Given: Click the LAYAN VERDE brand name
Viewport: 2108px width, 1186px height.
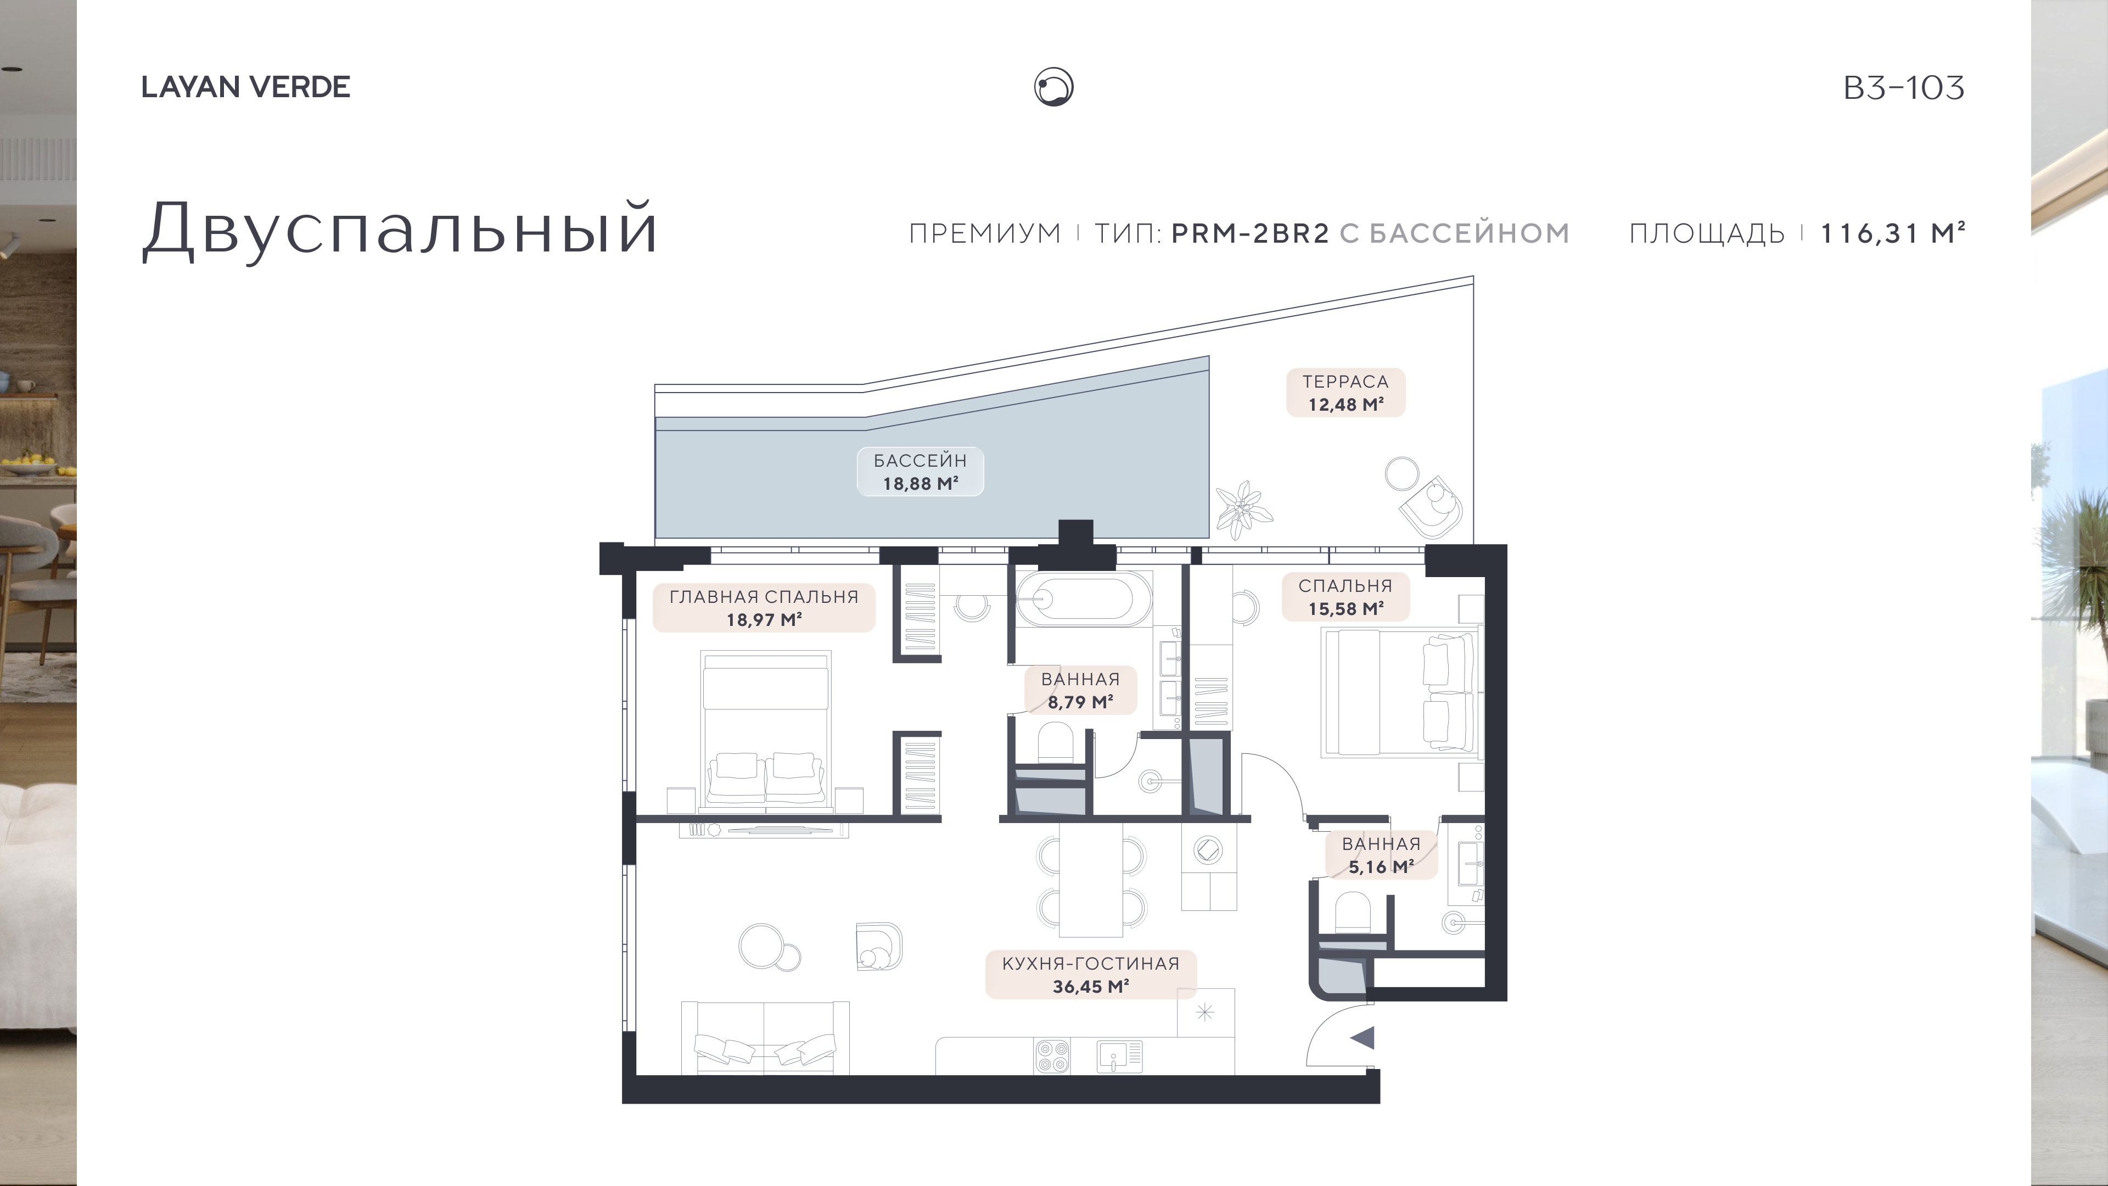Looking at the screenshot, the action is click(245, 87).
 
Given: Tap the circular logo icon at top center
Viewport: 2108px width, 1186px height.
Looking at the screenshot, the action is click(1053, 87).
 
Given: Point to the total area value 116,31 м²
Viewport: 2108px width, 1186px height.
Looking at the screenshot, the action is click(1892, 233).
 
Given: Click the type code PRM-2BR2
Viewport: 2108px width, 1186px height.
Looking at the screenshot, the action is click(1249, 233).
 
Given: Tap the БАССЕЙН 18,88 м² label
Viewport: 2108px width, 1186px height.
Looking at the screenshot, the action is click(920, 472).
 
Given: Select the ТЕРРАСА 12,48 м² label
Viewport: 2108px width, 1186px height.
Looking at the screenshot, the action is click(1345, 393).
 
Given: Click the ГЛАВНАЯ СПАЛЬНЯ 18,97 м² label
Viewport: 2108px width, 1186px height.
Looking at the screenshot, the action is click(764, 608).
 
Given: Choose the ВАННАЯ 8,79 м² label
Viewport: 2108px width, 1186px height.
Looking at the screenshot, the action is click(1080, 690).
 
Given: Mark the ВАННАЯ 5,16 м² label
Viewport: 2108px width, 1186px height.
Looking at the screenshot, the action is click(1381, 855).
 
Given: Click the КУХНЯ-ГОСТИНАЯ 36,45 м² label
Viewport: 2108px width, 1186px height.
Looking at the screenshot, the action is click(1091, 975).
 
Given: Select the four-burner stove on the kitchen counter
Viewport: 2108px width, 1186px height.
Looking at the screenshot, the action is click(1052, 1056).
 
